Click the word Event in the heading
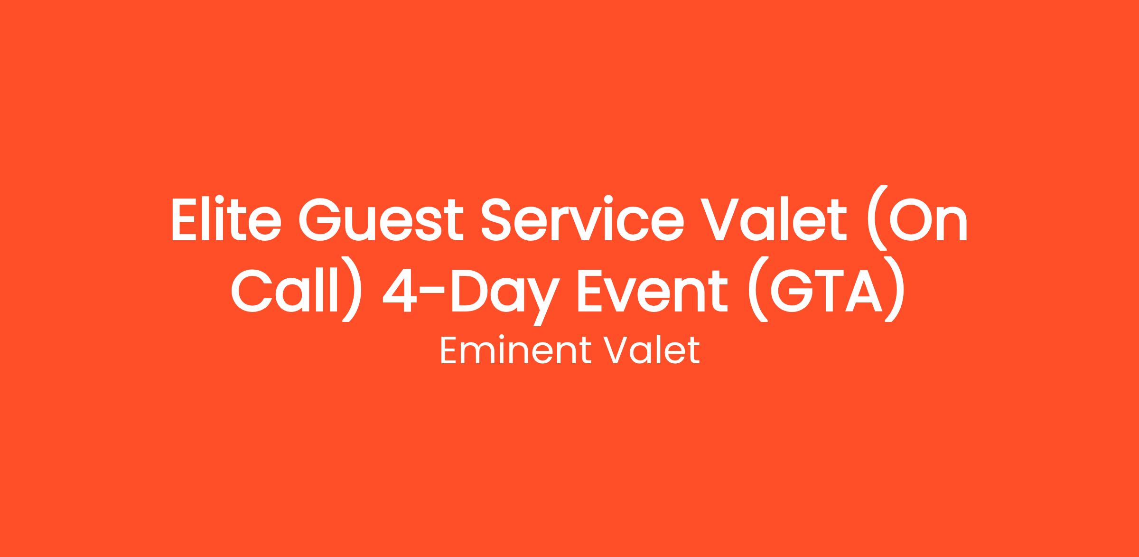coord(652,290)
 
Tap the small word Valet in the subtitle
coord(651,351)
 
